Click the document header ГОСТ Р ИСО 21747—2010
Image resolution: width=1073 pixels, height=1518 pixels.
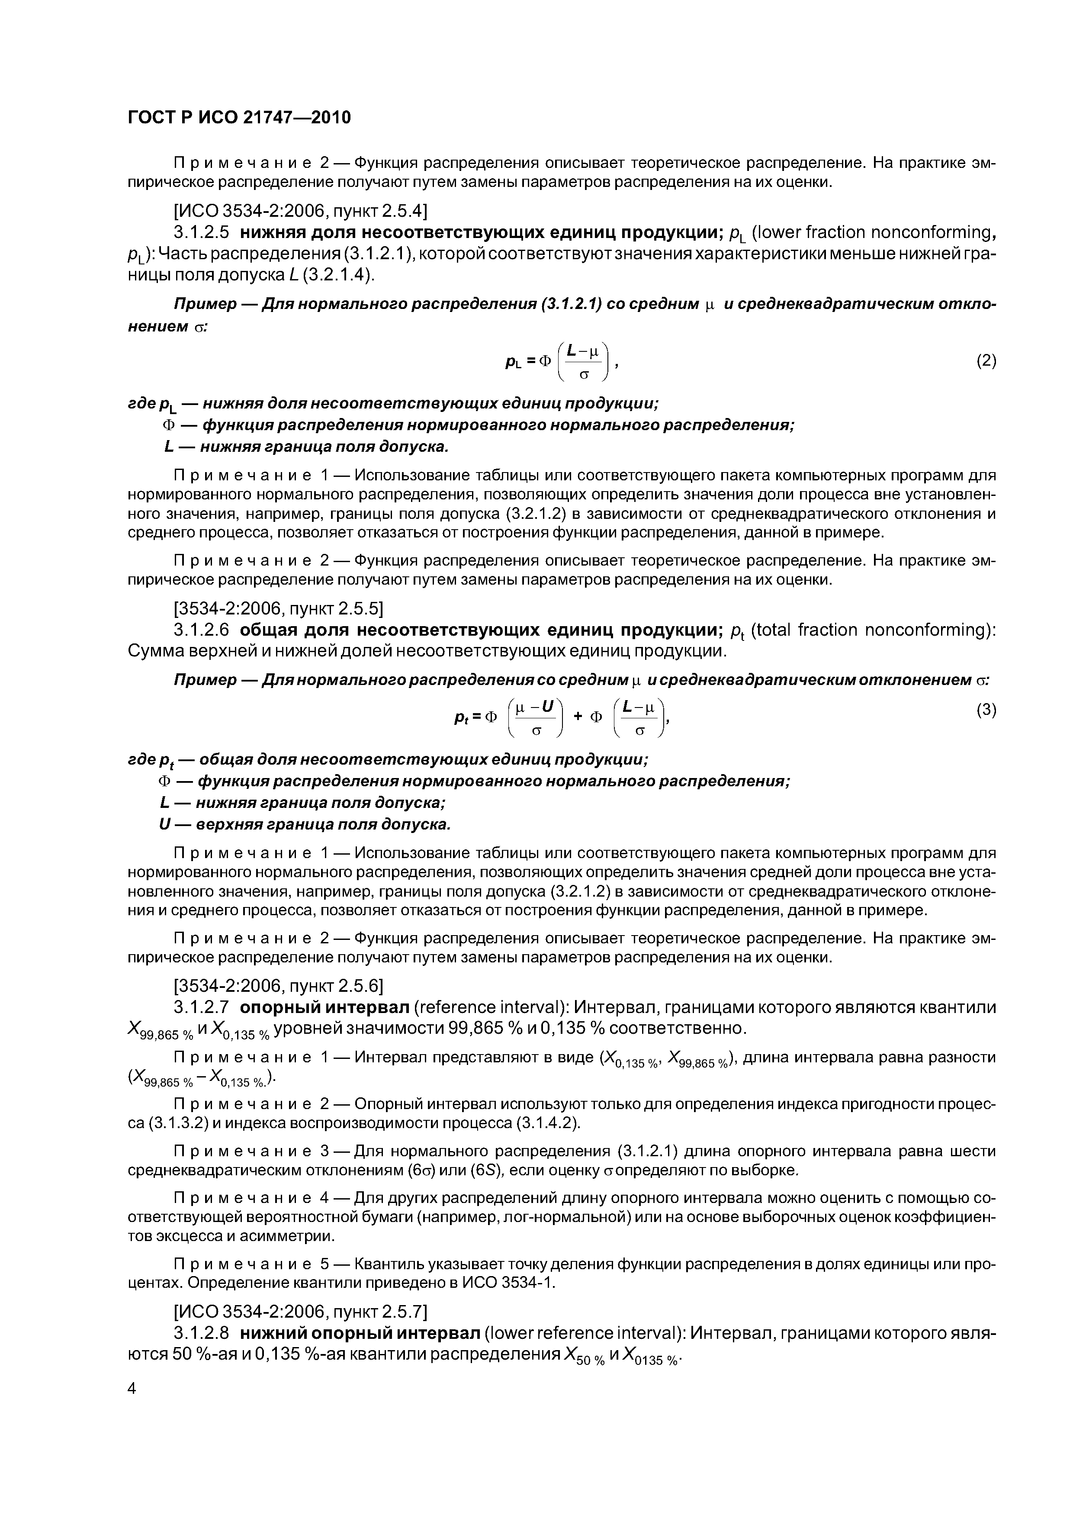(239, 118)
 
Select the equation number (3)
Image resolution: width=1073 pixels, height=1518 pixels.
(986, 710)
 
